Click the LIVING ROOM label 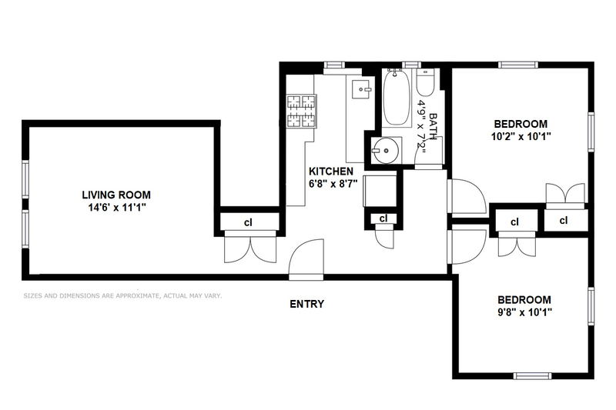click(x=116, y=195)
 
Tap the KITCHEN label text click(x=331, y=171)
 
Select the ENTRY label click(x=306, y=304)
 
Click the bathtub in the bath click(x=397, y=97)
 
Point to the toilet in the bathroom click(x=426, y=82)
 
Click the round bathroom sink click(x=386, y=150)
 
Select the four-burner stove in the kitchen click(x=302, y=111)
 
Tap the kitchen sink click(x=361, y=89)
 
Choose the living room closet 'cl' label click(x=248, y=222)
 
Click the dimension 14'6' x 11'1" click(x=117, y=207)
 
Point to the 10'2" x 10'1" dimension click(x=521, y=136)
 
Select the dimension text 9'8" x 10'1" click(x=525, y=312)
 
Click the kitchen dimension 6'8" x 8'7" click(x=333, y=183)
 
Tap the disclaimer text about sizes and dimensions click(x=122, y=296)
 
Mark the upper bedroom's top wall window click(x=517, y=65)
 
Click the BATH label click(x=433, y=126)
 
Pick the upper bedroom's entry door click(x=467, y=196)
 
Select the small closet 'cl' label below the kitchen click(x=383, y=218)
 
